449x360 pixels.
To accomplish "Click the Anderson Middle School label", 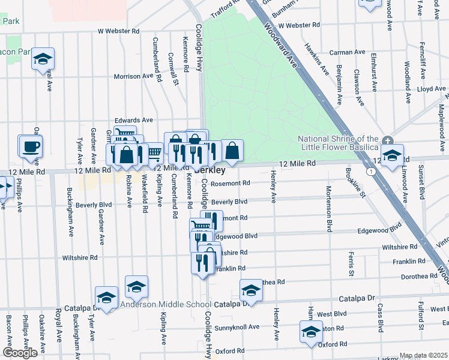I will pyautogui.click(x=165, y=304).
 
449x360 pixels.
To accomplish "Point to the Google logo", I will pyautogui.click(x=20, y=353).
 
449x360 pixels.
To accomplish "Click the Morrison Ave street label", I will pyautogui.click(x=134, y=76).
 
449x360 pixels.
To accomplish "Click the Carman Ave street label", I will pyautogui.click(x=348, y=52).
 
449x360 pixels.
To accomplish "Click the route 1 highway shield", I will pyautogui.click(x=372, y=172).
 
